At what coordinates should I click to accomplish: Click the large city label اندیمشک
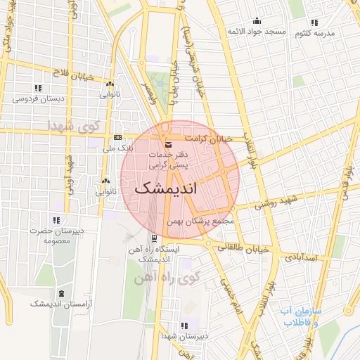tap(165, 189)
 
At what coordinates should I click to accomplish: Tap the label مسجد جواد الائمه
tap(256, 32)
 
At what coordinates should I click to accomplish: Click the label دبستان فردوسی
tap(39, 98)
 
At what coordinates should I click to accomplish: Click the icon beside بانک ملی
tap(117, 137)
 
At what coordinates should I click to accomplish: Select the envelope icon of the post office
tap(167, 144)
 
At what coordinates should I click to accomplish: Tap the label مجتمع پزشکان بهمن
tap(205, 221)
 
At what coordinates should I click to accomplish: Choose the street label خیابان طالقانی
tap(243, 247)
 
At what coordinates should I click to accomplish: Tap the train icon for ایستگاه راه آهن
tap(153, 239)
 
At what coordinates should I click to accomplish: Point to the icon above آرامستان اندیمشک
tap(61, 292)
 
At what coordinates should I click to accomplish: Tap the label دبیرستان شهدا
tap(184, 336)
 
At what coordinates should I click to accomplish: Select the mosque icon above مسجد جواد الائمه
tap(256, 20)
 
